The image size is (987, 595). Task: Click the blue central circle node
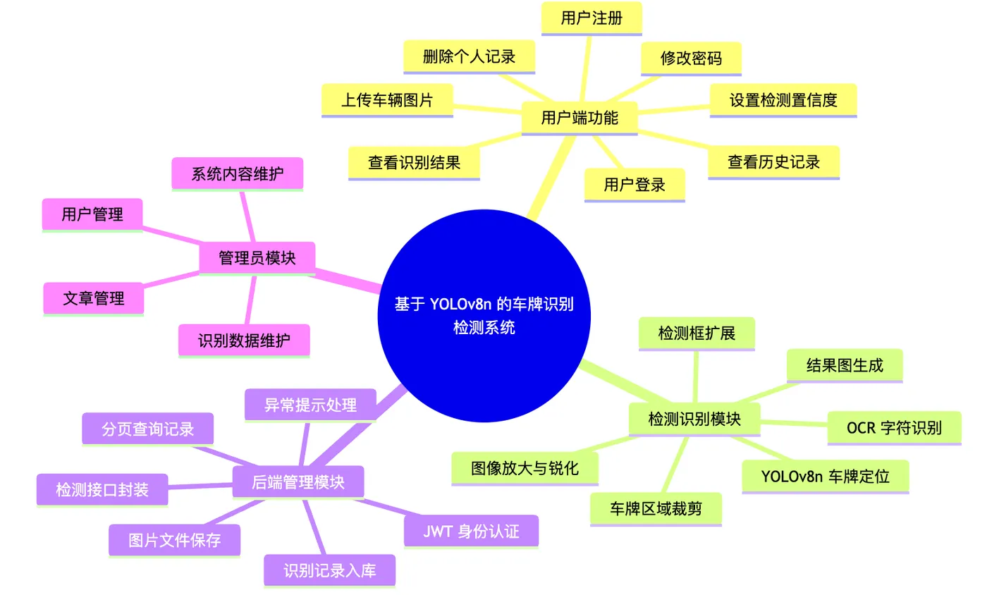[x=484, y=316]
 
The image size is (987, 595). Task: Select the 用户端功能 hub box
[x=580, y=118]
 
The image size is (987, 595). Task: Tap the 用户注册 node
[x=591, y=18]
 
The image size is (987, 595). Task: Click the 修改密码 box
[x=691, y=59]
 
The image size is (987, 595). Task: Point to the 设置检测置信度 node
[x=783, y=101]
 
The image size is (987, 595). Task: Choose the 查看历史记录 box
[x=773, y=162]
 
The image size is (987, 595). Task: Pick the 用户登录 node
[x=634, y=185]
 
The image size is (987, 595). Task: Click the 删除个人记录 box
[x=469, y=57]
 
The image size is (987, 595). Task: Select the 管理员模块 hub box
[x=257, y=258]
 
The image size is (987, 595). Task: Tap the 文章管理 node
[x=93, y=299]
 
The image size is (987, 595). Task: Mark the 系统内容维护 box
[x=237, y=174]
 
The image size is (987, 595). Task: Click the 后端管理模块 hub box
[x=298, y=482]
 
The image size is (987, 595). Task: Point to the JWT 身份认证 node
[x=471, y=532]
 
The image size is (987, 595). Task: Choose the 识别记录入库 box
[x=330, y=571]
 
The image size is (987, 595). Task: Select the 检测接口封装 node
[x=102, y=490]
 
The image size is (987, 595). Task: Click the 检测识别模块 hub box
[x=694, y=419]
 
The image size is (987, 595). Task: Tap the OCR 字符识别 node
[x=894, y=428]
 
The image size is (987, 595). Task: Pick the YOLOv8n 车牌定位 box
[x=826, y=477]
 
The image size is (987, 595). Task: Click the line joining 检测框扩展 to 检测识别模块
[x=696, y=377]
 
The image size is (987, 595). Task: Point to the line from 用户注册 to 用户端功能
[x=585, y=69]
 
